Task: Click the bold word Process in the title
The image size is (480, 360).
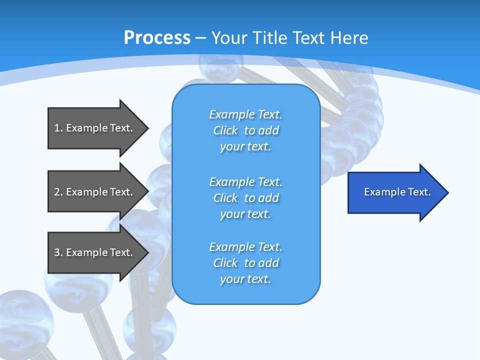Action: click(x=157, y=38)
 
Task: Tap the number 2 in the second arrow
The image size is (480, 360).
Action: click(x=57, y=192)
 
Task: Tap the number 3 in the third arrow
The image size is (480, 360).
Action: click(x=57, y=252)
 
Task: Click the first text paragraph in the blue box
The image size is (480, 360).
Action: click(x=245, y=130)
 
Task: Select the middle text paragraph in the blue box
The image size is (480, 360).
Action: click(x=245, y=198)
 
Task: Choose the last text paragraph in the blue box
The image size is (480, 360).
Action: click(x=245, y=263)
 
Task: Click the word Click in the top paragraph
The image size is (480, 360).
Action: click(x=225, y=130)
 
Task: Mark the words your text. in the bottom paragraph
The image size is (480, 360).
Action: click(x=245, y=279)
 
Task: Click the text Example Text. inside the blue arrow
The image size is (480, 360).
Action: click(x=397, y=192)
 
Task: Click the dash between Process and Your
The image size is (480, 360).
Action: click(x=200, y=38)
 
